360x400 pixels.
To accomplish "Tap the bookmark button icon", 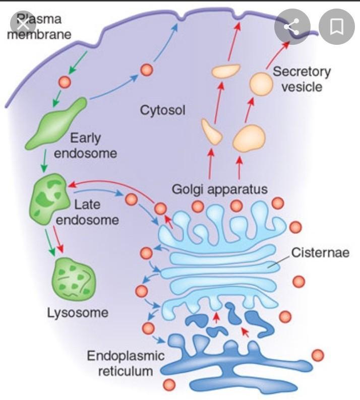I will [x=336, y=26].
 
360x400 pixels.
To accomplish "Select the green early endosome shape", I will [x=56, y=123].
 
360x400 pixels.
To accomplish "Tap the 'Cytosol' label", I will [x=162, y=109].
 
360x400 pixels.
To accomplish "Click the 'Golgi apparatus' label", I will [x=219, y=189].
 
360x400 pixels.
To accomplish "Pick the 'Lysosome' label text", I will [x=78, y=312].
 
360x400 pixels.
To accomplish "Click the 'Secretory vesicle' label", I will [x=302, y=79].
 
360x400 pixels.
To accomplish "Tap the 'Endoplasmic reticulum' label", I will [x=126, y=364].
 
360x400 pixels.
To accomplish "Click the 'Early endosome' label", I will [x=85, y=145].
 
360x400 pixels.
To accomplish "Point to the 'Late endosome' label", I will [x=95, y=212].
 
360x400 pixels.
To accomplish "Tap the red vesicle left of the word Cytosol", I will [x=147, y=70].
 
